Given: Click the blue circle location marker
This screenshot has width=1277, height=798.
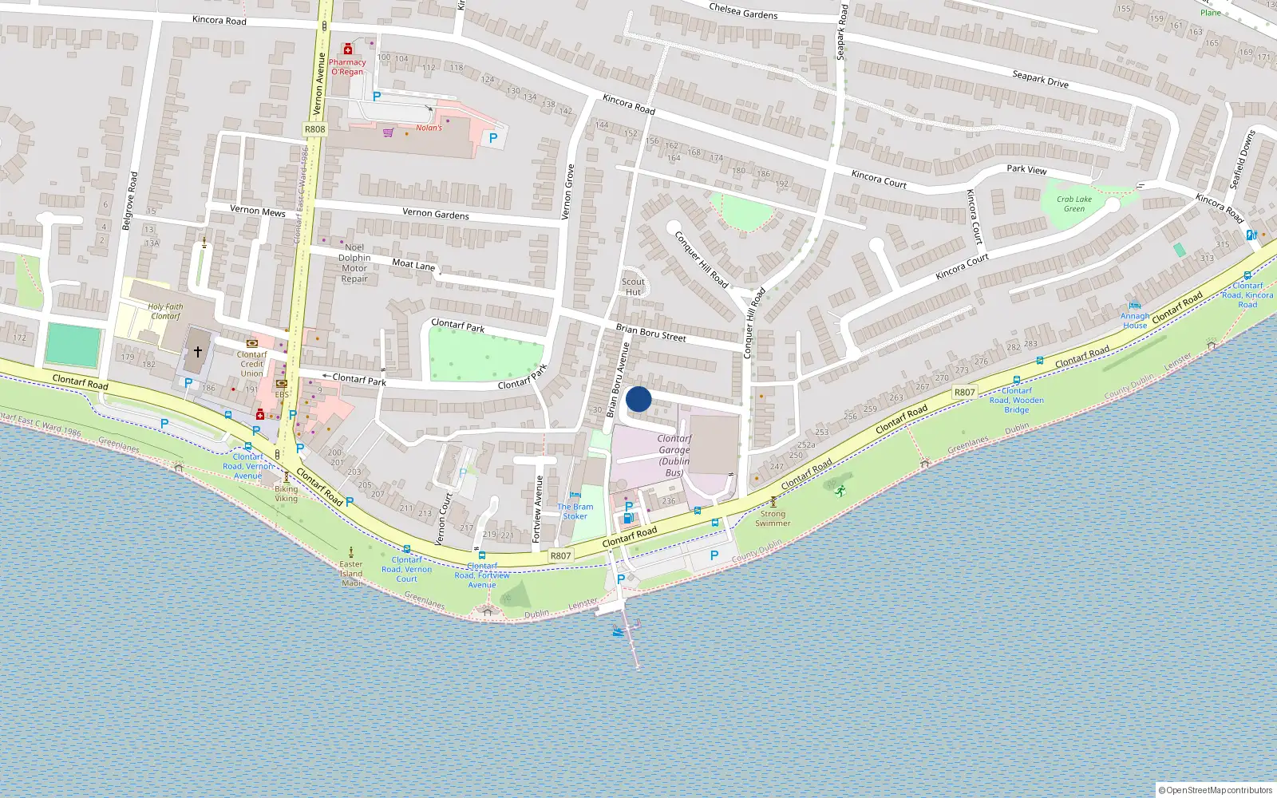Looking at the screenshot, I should click(638, 399).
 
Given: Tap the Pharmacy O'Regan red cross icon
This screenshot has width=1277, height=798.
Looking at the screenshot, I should click(348, 49).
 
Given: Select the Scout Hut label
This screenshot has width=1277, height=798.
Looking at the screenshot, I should click(633, 286).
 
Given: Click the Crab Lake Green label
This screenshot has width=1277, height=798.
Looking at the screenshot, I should click(1074, 204).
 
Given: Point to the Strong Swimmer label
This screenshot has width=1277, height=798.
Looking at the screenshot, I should click(773, 519).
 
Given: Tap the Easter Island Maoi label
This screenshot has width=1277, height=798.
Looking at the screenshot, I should click(351, 573).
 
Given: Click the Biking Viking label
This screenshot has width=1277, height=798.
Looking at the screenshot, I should click(286, 494).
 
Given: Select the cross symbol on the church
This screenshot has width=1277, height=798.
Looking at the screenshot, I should click(198, 351).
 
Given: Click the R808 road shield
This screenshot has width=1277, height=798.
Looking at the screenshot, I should click(315, 129).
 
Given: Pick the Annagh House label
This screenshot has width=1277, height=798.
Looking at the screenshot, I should click(1135, 321).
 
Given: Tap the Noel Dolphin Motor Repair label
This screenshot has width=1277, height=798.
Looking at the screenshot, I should click(354, 263).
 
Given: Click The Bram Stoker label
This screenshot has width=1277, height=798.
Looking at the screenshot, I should click(575, 512).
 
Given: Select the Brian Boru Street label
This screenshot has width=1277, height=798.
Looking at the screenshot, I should click(650, 333).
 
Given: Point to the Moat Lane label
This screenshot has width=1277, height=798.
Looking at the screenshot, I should click(413, 264).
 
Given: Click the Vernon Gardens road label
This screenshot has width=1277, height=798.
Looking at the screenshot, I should click(436, 213).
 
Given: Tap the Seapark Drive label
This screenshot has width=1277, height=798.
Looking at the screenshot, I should click(1040, 79).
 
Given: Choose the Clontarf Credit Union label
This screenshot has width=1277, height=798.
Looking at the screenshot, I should click(252, 364).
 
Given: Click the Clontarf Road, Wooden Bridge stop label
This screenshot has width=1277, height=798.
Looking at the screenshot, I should click(1017, 401).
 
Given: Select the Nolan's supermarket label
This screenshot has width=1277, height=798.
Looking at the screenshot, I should click(429, 128).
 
